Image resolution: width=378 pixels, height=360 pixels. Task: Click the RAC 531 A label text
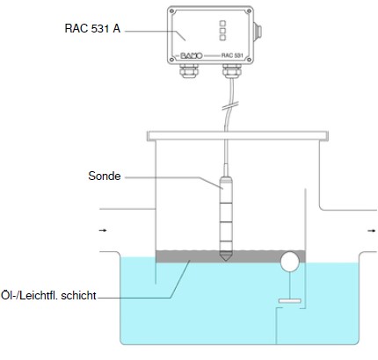click(92, 29)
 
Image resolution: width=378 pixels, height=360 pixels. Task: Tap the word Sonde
click(105, 176)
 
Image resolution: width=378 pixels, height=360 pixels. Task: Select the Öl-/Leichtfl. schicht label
click(48, 295)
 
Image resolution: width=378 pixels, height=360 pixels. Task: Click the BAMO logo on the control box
click(191, 55)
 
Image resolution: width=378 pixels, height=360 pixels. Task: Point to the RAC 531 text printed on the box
click(232, 55)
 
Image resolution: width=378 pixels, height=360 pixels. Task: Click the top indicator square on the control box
click(222, 23)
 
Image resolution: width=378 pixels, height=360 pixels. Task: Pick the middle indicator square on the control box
click(222, 31)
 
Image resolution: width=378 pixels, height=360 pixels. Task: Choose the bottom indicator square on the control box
click(222, 38)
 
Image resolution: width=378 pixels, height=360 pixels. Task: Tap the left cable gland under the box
click(189, 70)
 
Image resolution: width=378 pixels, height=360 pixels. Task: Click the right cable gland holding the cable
click(232, 70)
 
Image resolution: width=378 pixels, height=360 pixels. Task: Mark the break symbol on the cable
click(230, 106)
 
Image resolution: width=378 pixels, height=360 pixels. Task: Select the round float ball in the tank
click(290, 262)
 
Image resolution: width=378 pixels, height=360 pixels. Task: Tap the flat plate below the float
click(290, 300)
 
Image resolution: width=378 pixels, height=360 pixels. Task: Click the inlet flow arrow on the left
click(103, 231)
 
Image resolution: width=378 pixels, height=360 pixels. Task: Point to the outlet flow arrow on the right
click(372, 231)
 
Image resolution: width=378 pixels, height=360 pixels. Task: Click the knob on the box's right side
click(258, 32)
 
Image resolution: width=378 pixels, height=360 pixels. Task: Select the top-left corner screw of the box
click(172, 11)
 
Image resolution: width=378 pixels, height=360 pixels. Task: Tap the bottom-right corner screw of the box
click(249, 60)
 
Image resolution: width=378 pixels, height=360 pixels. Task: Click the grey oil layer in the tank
click(230, 256)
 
